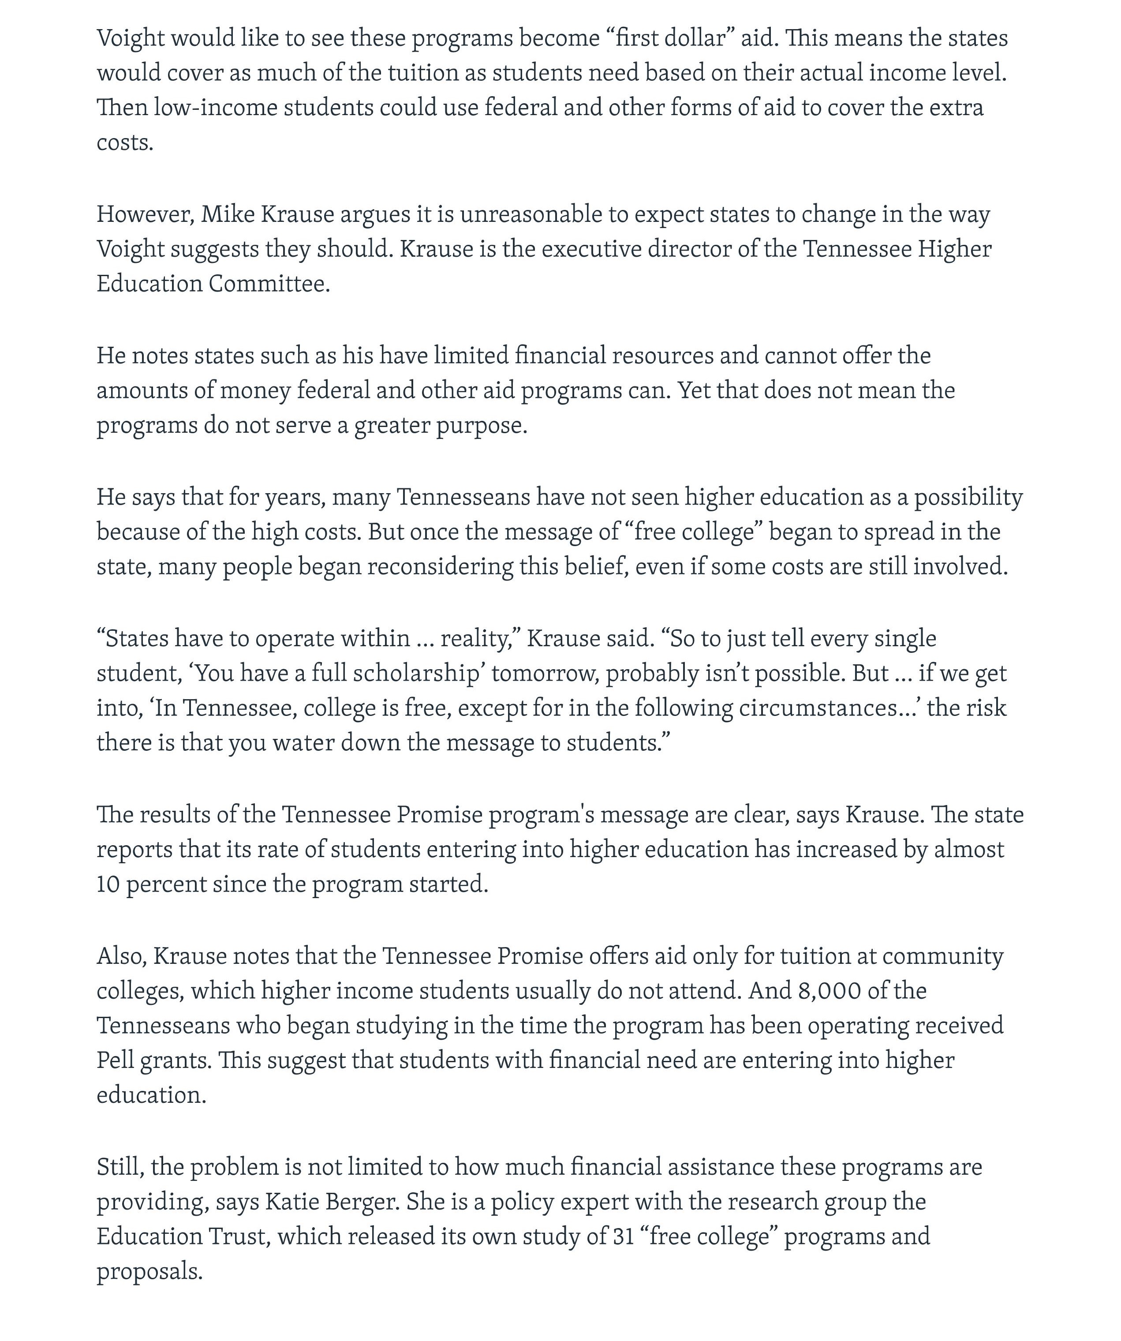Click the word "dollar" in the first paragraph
pyautogui.click(x=695, y=38)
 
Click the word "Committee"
pyautogui.click(x=268, y=284)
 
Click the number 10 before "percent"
pyautogui.click(x=108, y=884)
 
